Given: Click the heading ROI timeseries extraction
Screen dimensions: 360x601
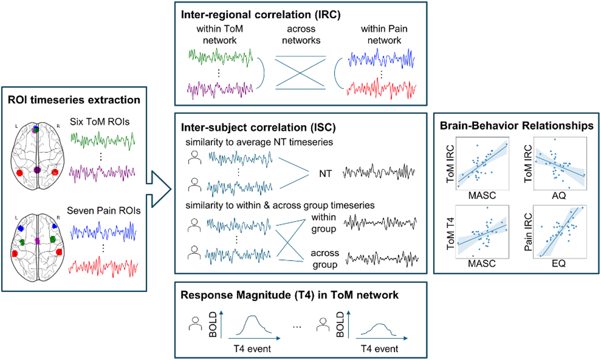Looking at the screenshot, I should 74,100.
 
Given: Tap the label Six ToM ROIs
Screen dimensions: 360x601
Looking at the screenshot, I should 99,122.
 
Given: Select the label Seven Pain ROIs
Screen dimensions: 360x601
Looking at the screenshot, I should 104,211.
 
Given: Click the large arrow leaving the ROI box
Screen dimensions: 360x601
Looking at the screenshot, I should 159,189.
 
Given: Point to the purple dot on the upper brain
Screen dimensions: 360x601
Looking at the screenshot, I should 37,170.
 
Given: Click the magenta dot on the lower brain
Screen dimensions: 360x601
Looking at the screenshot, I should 37,241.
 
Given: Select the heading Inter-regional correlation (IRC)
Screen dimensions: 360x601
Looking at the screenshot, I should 261,15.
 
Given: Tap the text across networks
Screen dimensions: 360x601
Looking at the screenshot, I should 301,34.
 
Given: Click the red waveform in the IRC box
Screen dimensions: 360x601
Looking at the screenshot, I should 381,89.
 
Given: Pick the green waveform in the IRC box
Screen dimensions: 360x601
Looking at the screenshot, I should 221,57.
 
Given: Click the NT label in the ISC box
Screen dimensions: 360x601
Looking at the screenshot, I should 325,174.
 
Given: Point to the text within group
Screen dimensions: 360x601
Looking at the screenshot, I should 324,223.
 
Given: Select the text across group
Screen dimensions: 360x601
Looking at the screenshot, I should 325,259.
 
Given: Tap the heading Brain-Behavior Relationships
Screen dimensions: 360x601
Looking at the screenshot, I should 517,126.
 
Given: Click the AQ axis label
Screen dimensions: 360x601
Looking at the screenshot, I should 559,196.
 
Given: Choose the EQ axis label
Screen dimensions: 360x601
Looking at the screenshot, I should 558,264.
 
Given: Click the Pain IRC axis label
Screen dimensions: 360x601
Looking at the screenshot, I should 528,232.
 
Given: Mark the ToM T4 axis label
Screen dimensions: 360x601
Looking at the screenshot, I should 450,234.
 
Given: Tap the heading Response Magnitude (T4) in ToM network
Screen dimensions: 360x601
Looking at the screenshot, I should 289,295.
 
